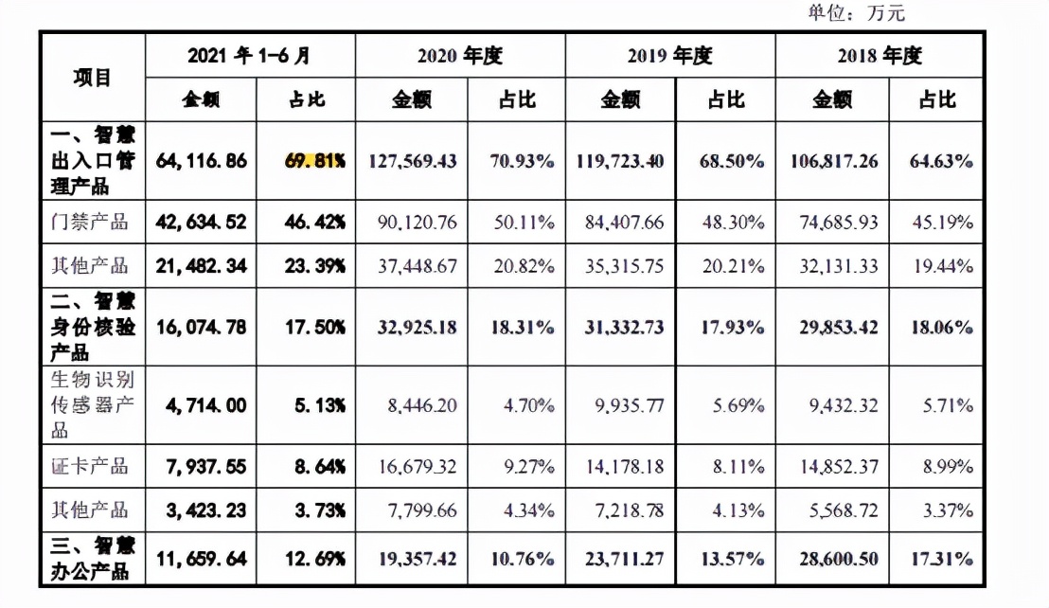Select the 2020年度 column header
[x=460, y=56]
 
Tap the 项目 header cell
[x=92, y=78]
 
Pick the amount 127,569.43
[x=411, y=161]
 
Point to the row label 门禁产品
[x=92, y=224]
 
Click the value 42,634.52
[x=203, y=224]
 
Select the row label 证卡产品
[x=92, y=466]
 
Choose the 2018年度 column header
[x=880, y=56]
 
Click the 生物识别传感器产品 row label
[x=92, y=406]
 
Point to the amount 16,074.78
[x=203, y=327]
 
